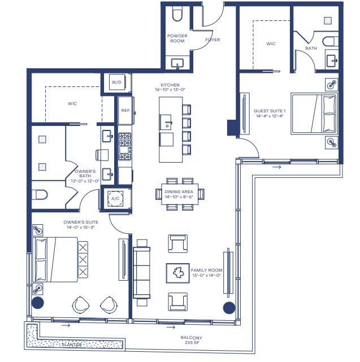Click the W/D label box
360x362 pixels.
coord(117,82)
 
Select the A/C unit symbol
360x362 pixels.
coord(115,199)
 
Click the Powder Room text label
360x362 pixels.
coord(177,38)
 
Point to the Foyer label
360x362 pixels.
coord(212,40)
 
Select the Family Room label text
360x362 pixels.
coord(207,273)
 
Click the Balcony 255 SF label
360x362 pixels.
coord(192,340)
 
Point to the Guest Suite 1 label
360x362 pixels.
coord(270,114)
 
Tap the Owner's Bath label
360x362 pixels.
coord(86,176)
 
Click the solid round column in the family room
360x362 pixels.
coord(229,308)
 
